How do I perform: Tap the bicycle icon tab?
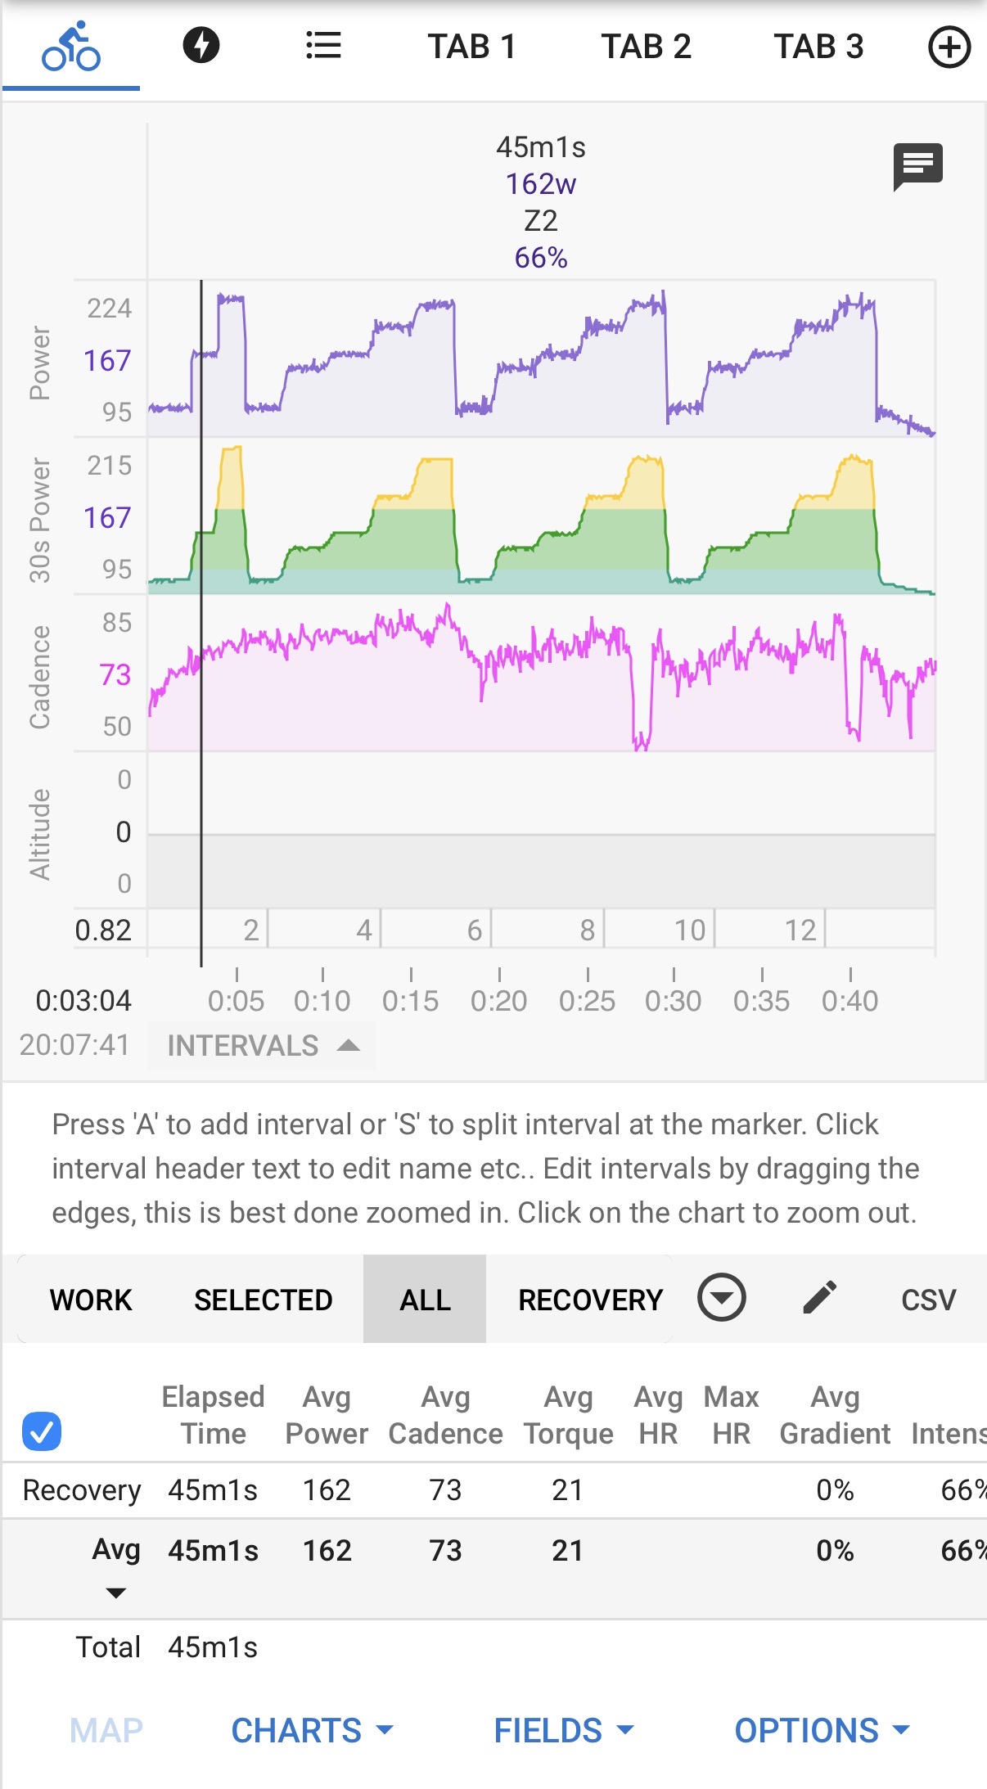(x=71, y=47)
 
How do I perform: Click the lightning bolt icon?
(x=201, y=45)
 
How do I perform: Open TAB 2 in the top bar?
(x=646, y=47)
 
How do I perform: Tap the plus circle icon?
(x=949, y=47)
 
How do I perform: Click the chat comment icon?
(x=917, y=166)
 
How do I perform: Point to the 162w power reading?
(x=540, y=184)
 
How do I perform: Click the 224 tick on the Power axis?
(x=109, y=309)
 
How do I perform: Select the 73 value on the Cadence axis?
(x=115, y=675)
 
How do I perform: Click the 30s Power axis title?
(x=39, y=520)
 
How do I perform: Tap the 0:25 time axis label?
(x=587, y=1001)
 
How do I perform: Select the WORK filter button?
(x=91, y=1300)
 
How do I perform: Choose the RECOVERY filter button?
(x=590, y=1300)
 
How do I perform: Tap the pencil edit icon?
(x=819, y=1298)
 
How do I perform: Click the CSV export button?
(x=928, y=1300)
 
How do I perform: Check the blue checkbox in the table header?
(x=42, y=1431)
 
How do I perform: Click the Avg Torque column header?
(x=568, y=1415)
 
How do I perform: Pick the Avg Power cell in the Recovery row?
(x=327, y=1490)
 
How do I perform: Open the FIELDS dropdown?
(x=564, y=1730)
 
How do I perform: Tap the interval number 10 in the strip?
(x=689, y=931)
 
